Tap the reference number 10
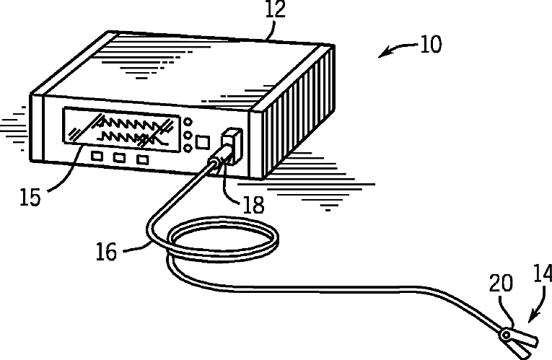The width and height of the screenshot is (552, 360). coord(429,45)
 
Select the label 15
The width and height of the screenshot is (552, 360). coord(30,197)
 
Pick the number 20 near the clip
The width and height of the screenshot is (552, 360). coord(502,284)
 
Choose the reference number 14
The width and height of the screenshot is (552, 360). coord(542,275)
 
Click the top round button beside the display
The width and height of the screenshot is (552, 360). coord(188,122)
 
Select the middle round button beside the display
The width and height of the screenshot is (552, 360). coord(188,135)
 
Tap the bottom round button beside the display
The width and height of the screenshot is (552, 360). coord(188,148)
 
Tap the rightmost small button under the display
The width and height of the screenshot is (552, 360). coord(144,159)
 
